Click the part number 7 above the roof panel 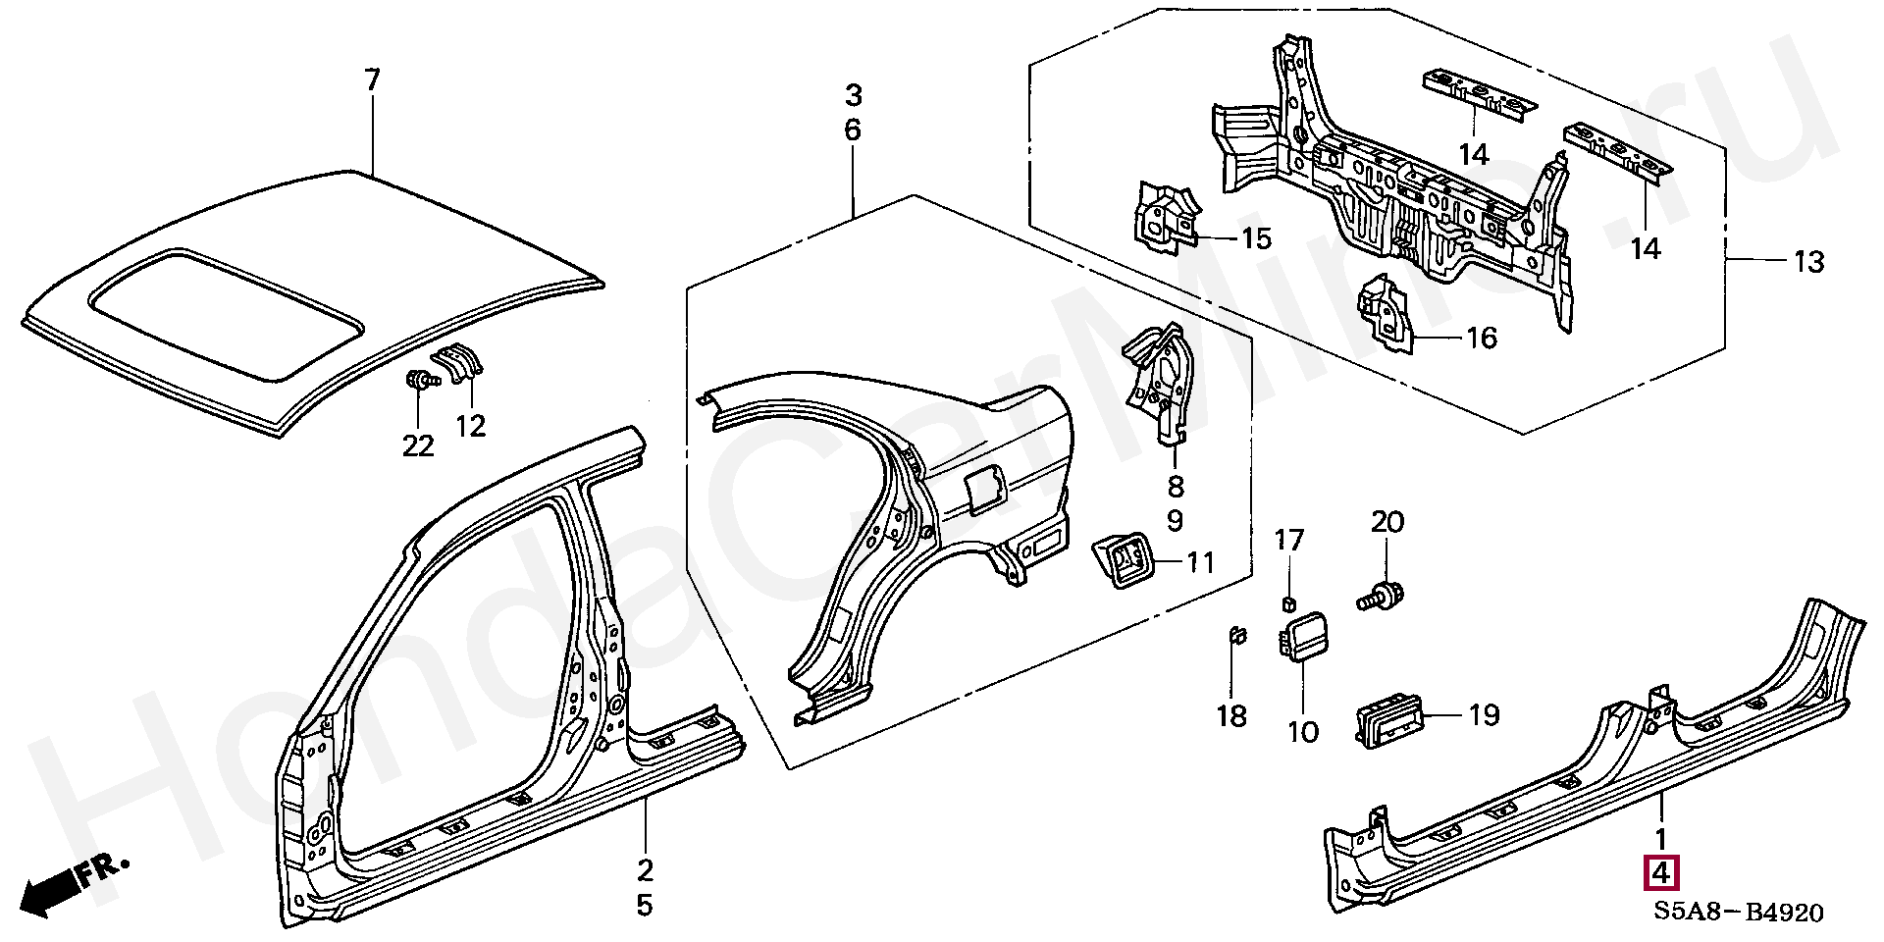point(371,80)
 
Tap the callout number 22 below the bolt point(418,445)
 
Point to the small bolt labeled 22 point(419,381)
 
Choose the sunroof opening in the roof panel point(227,314)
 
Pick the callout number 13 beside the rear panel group point(1808,262)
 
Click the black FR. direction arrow point(75,882)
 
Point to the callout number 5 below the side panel point(644,904)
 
